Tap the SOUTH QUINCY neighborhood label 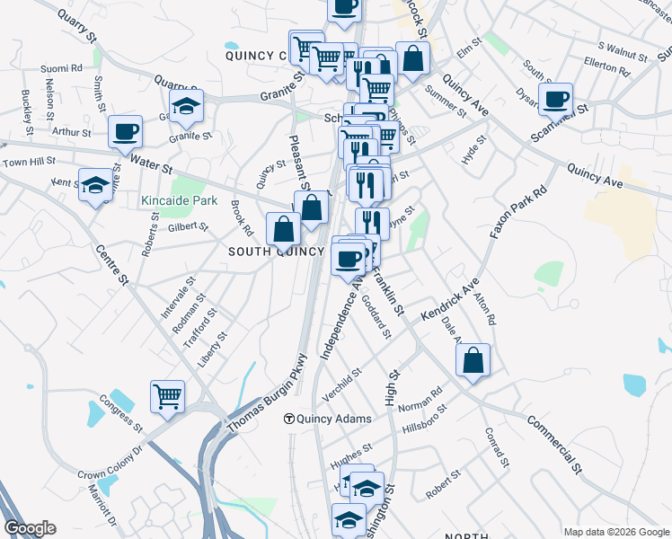275,252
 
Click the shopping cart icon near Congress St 167,397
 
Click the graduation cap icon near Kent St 94,186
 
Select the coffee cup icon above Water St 125,132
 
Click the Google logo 30,528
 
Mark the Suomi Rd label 61,67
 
